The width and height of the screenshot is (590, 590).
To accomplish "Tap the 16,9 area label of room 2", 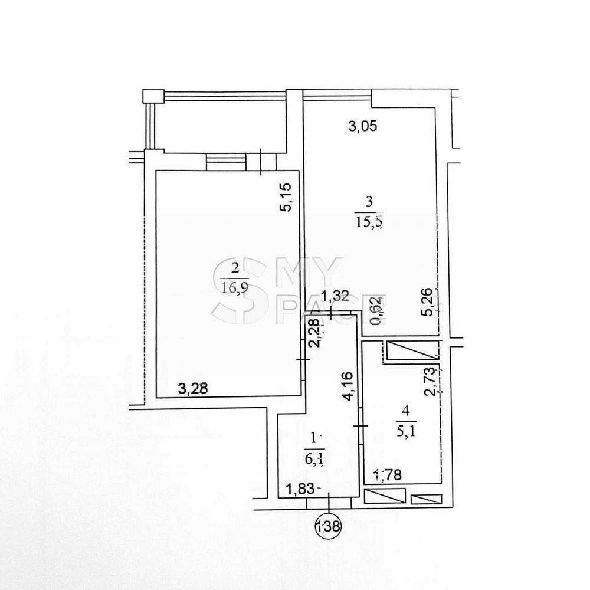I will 236,288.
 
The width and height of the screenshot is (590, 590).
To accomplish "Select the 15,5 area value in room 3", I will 369,222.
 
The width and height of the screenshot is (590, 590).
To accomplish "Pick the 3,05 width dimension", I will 362,126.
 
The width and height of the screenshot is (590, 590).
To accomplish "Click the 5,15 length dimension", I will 286,198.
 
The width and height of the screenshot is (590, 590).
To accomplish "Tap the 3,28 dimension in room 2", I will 193,388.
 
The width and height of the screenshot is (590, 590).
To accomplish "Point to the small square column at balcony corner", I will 152,96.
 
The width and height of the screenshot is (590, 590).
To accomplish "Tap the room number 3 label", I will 369,201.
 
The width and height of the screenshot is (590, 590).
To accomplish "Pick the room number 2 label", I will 236,268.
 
